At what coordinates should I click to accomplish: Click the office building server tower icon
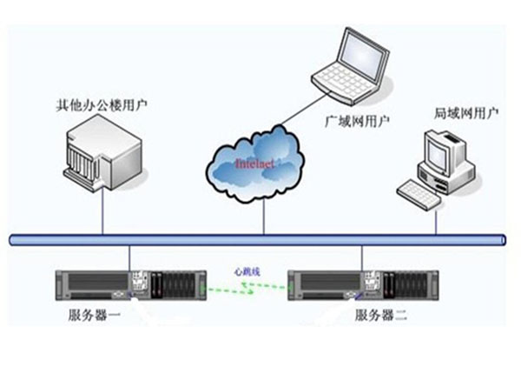click(x=102, y=157)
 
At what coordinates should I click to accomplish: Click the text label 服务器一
click(x=96, y=315)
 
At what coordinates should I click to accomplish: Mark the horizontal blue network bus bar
click(x=260, y=239)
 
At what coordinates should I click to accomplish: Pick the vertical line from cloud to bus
click(x=263, y=217)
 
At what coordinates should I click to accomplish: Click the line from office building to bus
click(x=102, y=213)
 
